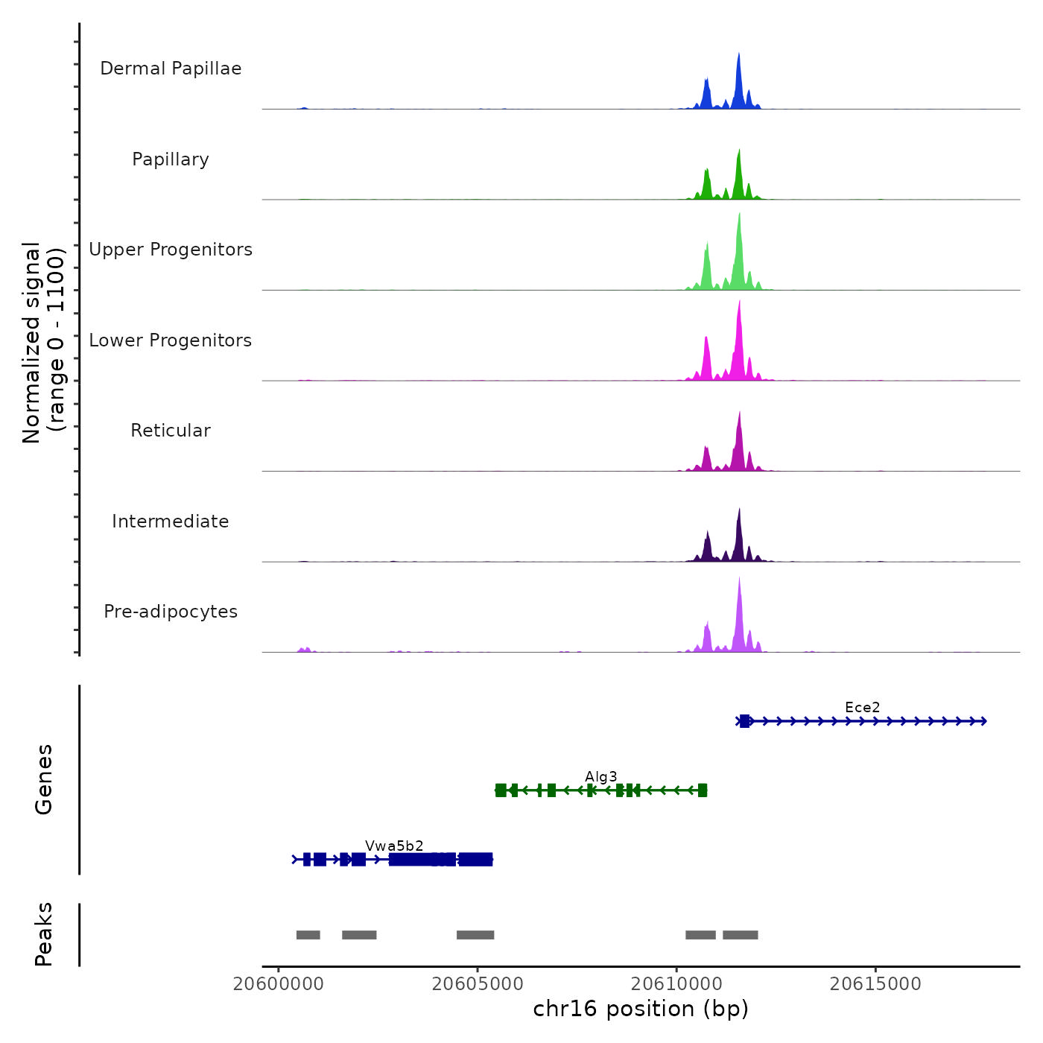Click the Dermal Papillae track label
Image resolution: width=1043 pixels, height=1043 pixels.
tap(171, 69)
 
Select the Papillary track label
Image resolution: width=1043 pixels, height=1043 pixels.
tap(171, 159)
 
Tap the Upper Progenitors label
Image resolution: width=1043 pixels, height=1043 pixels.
tap(171, 250)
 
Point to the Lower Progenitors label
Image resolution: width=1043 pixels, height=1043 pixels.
tap(171, 340)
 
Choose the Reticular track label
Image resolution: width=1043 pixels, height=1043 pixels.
tap(171, 431)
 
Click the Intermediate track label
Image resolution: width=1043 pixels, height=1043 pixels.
tap(171, 521)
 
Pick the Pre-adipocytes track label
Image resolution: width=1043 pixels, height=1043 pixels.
tap(171, 612)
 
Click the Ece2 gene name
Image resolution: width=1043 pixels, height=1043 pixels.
tap(862, 707)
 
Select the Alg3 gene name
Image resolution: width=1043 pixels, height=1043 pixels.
tap(600, 777)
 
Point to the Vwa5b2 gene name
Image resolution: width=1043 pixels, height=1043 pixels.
tap(394, 846)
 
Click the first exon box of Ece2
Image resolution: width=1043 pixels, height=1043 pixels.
tap(744, 721)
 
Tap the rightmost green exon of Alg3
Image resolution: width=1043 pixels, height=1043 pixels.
tap(702, 790)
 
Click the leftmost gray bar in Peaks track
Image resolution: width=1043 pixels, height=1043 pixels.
tap(308, 935)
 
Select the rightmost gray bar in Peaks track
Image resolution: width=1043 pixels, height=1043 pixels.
tap(740, 935)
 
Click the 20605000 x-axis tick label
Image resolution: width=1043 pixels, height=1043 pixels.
tap(478, 984)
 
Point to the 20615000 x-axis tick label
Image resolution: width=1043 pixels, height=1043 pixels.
tap(875, 984)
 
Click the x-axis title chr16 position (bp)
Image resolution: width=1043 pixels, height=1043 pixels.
tap(641, 1009)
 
